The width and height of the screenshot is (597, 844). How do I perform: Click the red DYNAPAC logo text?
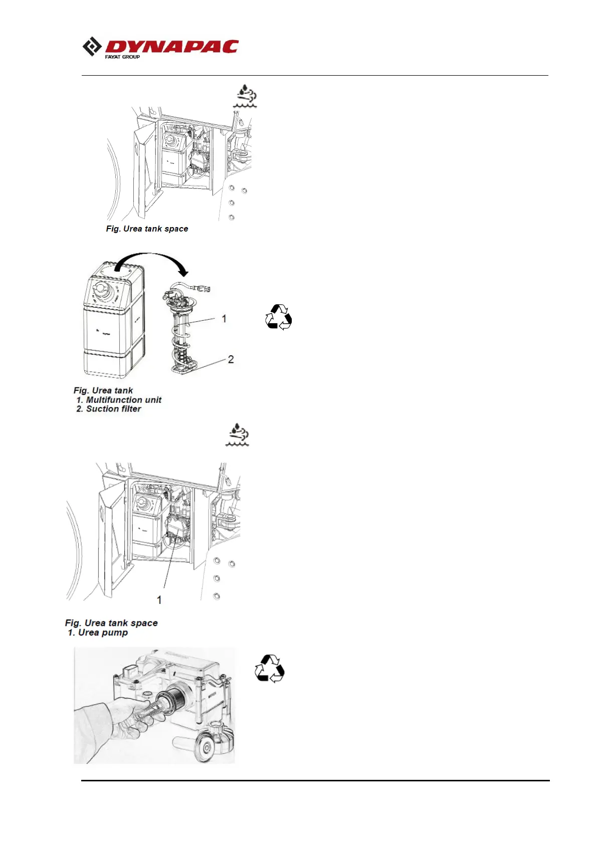click(x=171, y=47)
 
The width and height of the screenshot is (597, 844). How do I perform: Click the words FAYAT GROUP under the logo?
click(x=122, y=57)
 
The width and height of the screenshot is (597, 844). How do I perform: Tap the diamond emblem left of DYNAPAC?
click(x=92, y=47)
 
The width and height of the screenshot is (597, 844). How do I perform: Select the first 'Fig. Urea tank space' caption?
click(x=147, y=229)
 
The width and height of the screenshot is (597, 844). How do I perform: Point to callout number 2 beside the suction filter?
click(x=231, y=359)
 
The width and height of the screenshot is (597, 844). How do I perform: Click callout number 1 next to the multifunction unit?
click(x=224, y=319)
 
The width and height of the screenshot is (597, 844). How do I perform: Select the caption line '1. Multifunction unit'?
click(x=119, y=400)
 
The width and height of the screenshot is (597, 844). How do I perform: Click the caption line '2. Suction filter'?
click(x=109, y=409)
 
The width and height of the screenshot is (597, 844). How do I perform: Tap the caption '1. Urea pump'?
click(x=98, y=632)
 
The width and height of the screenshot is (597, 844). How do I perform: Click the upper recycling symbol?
click(x=278, y=317)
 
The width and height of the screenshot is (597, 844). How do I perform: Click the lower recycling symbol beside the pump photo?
click(x=269, y=668)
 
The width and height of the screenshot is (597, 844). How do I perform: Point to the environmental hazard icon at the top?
click(x=246, y=96)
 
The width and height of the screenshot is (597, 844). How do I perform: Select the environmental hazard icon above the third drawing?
click(x=237, y=435)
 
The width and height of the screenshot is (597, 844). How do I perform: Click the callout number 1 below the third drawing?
click(x=159, y=599)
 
